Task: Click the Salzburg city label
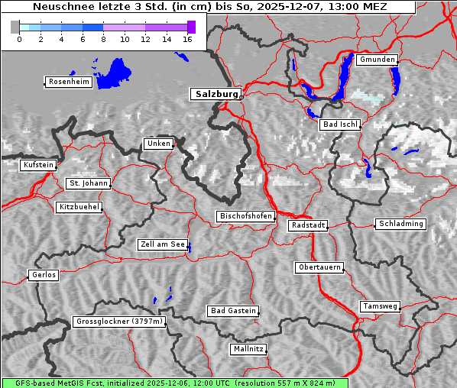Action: coord(216,94)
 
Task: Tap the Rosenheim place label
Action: coord(68,82)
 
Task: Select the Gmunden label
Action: coord(377,60)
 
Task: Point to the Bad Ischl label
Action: coord(340,124)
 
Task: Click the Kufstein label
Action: coord(37,165)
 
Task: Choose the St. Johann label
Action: coord(88,183)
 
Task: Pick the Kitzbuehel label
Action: coord(79,207)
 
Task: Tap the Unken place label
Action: coord(158,144)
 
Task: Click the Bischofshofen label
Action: coord(245,217)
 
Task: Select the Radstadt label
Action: coord(308,225)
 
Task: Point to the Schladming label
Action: coord(400,224)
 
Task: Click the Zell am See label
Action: coord(163,244)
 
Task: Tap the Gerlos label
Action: coord(44,275)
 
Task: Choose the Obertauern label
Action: coord(319,267)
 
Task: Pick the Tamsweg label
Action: coord(380,306)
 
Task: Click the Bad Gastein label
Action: coord(233,311)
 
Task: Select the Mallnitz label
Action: coord(248,349)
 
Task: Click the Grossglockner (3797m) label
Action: coord(119,322)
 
